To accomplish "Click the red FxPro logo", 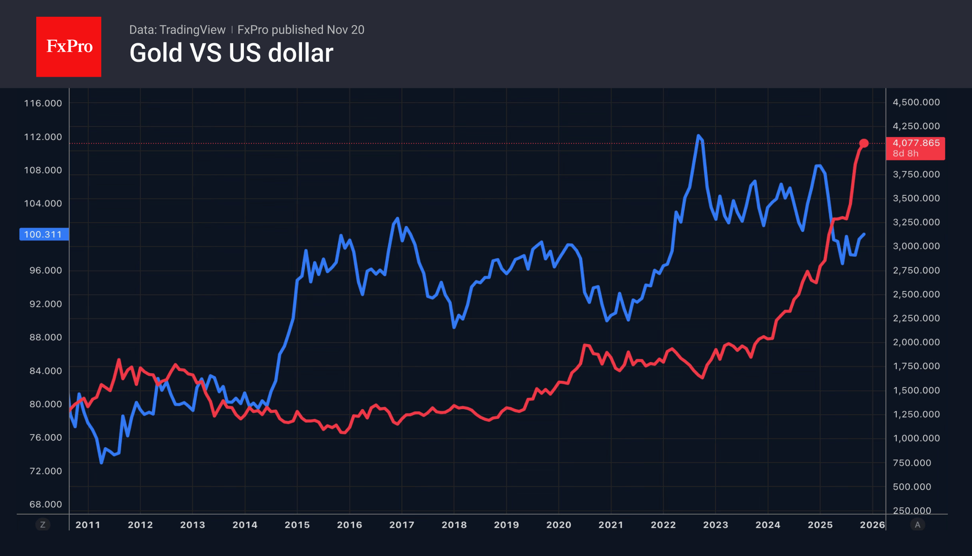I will (x=69, y=46).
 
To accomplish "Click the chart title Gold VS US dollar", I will (x=231, y=53).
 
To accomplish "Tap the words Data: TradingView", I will (x=177, y=30).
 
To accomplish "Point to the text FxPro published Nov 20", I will (x=301, y=30).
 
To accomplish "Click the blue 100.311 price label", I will (x=44, y=234).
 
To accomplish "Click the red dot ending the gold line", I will (x=864, y=143).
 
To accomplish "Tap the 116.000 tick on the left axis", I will (x=43, y=103).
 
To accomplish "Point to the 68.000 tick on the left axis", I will (x=46, y=504).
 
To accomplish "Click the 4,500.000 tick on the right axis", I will (x=916, y=102).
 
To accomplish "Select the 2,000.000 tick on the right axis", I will (x=916, y=342).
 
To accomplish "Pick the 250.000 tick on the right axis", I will (x=912, y=510).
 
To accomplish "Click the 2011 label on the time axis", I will (x=88, y=525).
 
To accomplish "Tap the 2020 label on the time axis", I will (x=558, y=525).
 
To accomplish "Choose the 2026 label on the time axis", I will (x=872, y=525).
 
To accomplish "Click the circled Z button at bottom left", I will (x=43, y=525).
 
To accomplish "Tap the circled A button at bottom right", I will (x=917, y=525).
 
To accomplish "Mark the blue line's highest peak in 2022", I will (x=698, y=136).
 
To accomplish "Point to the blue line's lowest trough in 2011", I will (x=101, y=463).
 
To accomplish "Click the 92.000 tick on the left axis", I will (x=46, y=304).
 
